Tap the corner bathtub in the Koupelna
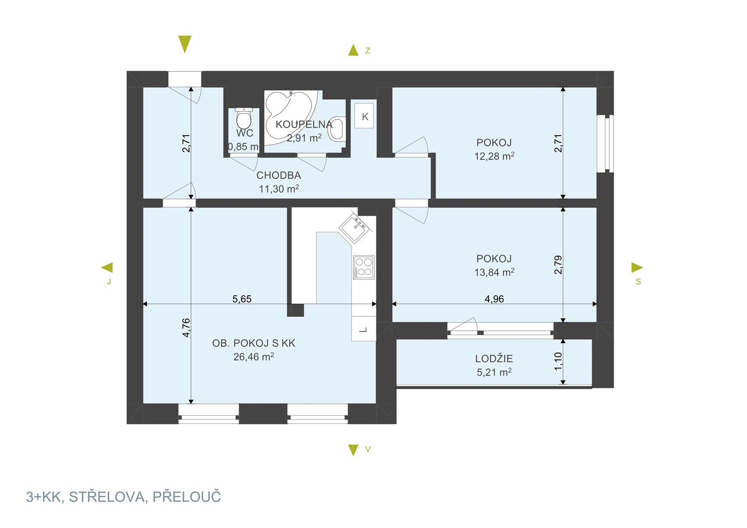point(289,117)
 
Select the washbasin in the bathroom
point(337,128)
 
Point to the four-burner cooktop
point(364,267)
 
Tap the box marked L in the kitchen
point(364,328)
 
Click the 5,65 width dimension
point(242,299)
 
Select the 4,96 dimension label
point(494,299)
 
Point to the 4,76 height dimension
point(186,327)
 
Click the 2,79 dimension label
point(558,265)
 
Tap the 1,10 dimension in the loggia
point(558,361)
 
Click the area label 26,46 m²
point(254,357)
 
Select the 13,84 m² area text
point(494,272)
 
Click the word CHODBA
point(279,175)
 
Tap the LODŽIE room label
point(494,359)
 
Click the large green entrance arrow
point(185,44)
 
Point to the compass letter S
point(638,281)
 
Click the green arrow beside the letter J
point(107,267)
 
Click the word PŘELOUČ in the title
point(187,496)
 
